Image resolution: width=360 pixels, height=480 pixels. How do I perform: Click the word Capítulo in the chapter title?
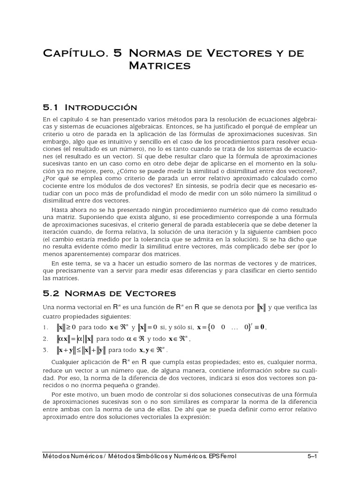[75, 53]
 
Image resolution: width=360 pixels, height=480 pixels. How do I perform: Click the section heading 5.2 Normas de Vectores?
[109, 293]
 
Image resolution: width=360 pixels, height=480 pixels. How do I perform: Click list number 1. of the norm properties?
[45, 327]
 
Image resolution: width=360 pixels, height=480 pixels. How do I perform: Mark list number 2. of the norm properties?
[45, 338]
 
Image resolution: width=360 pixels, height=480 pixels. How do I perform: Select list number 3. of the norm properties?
[45, 349]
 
